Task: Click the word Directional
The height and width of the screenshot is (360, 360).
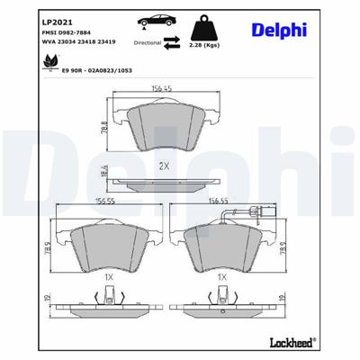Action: pyautogui.click(x=148, y=41)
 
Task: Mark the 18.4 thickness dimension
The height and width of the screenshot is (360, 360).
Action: pyautogui.click(x=105, y=172)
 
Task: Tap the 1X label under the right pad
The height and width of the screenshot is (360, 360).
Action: pyautogui.click(x=222, y=279)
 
